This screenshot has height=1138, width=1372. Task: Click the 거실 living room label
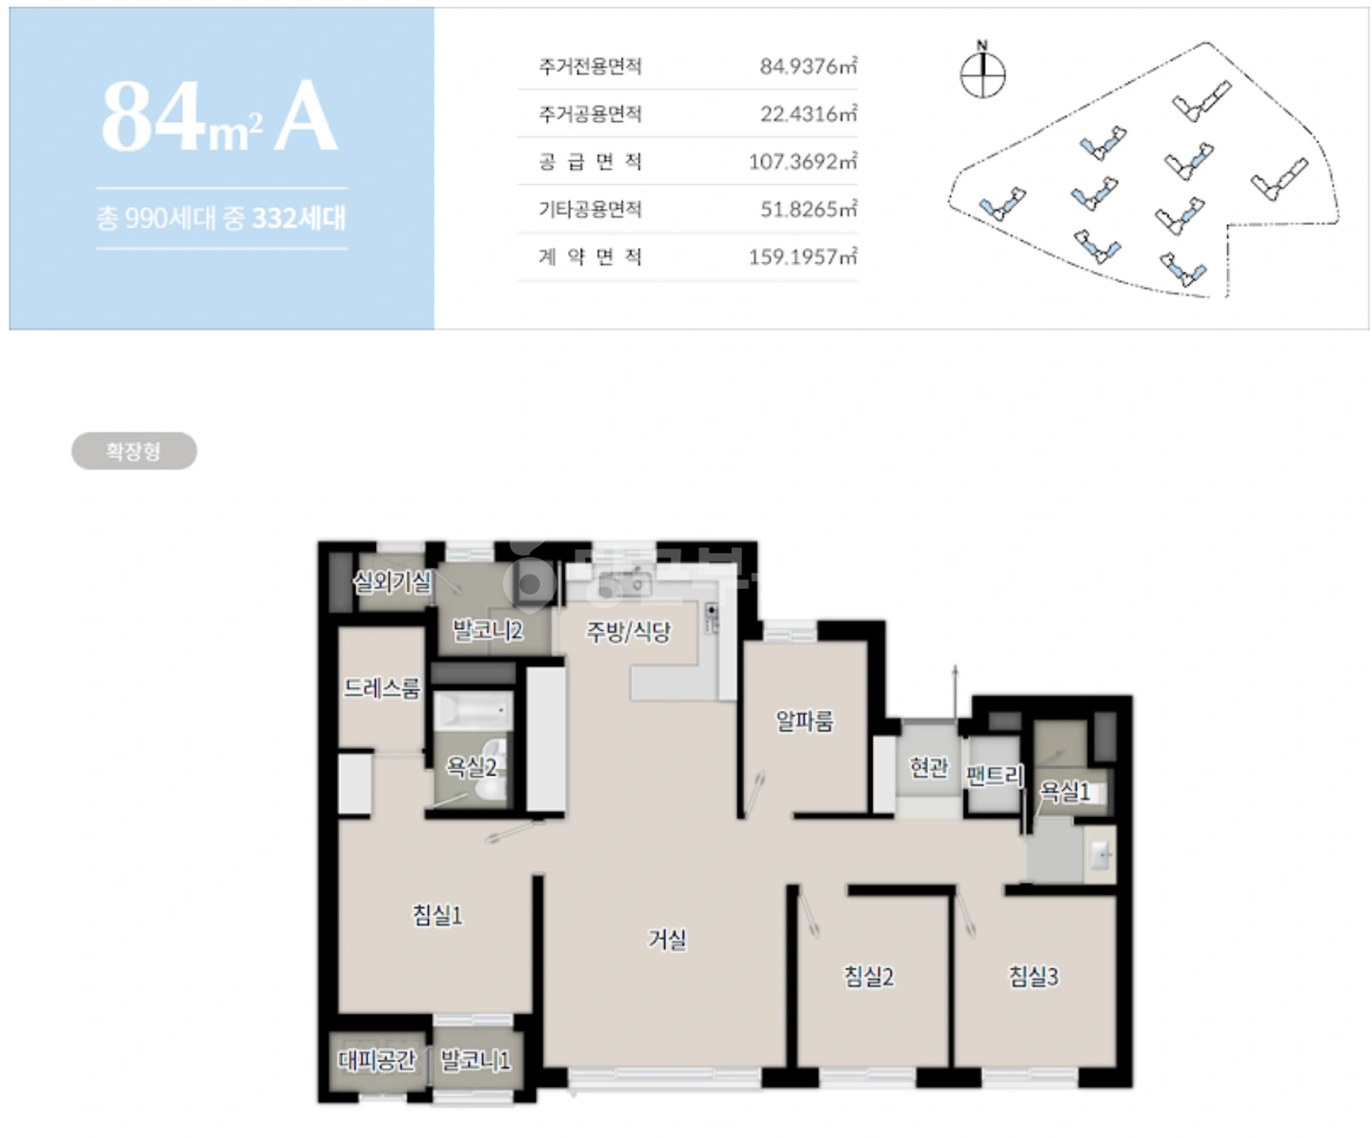pyautogui.click(x=667, y=938)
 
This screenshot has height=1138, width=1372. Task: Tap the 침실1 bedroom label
pyautogui.click(x=437, y=914)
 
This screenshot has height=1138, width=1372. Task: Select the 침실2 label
pyautogui.click(x=869, y=976)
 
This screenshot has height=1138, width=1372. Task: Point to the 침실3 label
pyautogui.click(x=1034, y=976)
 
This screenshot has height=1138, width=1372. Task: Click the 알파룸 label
pyautogui.click(x=804, y=721)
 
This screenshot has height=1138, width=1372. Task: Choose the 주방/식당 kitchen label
pyautogui.click(x=628, y=631)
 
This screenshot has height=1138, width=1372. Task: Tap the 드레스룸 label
pyautogui.click(x=382, y=688)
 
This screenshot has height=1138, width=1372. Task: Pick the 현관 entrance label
pyautogui.click(x=928, y=766)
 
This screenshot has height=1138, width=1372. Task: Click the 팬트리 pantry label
pyautogui.click(x=994, y=776)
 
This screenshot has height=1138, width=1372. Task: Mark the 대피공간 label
pyautogui.click(x=376, y=1059)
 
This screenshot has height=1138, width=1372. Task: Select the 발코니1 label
pyautogui.click(x=474, y=1059)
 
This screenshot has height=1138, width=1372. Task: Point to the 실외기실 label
pyautogui.click(x=393, y=581)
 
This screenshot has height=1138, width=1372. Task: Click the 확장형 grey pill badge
pyautogui.click(x=134, y=450)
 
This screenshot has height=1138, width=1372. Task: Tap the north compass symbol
pyautogui.click(x=982, y=71)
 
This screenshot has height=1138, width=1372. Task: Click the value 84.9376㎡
pyautogui.click(x=808, y=66)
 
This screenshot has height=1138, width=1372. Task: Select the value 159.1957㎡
pyautogui.click(x=803, y=256)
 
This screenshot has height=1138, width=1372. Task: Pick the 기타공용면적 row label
pyautogui.click(x=590, y=209)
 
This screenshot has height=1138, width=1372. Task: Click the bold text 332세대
pyautogui.click(x=299, y=218)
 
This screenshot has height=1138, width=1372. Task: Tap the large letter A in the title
pyautogui.click(x=306, y=116)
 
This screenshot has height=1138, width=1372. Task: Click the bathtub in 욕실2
pyautogui.click(x=474, y=711)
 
